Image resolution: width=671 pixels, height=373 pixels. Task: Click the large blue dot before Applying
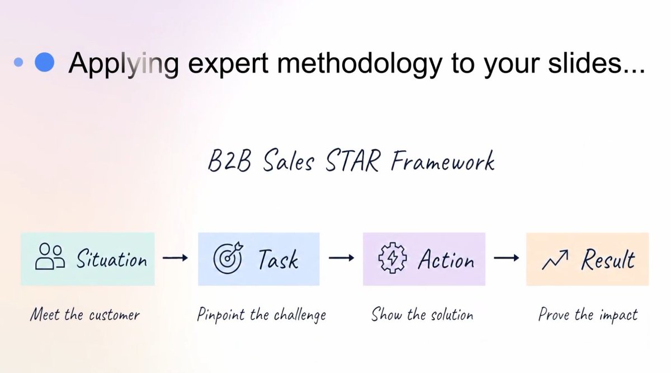(45, 62)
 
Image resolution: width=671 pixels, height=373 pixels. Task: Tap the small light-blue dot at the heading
(18, 62)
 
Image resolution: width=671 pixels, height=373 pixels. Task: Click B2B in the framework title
(229, 161)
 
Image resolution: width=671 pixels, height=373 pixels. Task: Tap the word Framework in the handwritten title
(443, 161)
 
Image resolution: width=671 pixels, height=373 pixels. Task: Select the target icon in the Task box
(229, 258)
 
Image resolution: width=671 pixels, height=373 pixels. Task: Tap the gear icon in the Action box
(393, 258)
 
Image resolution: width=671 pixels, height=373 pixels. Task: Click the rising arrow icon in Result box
(555, 259)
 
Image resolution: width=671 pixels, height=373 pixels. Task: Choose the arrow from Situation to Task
(175, 258)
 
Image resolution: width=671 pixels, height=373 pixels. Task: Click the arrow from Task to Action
(341, 258)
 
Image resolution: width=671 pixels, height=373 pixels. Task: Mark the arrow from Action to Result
(507, 258)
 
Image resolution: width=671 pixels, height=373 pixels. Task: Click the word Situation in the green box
(112, 259)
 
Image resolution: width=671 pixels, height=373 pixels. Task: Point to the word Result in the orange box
(608, 259)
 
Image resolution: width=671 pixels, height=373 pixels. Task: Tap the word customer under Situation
(115, 316)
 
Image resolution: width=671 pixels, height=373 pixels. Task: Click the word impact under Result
(619, 315)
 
